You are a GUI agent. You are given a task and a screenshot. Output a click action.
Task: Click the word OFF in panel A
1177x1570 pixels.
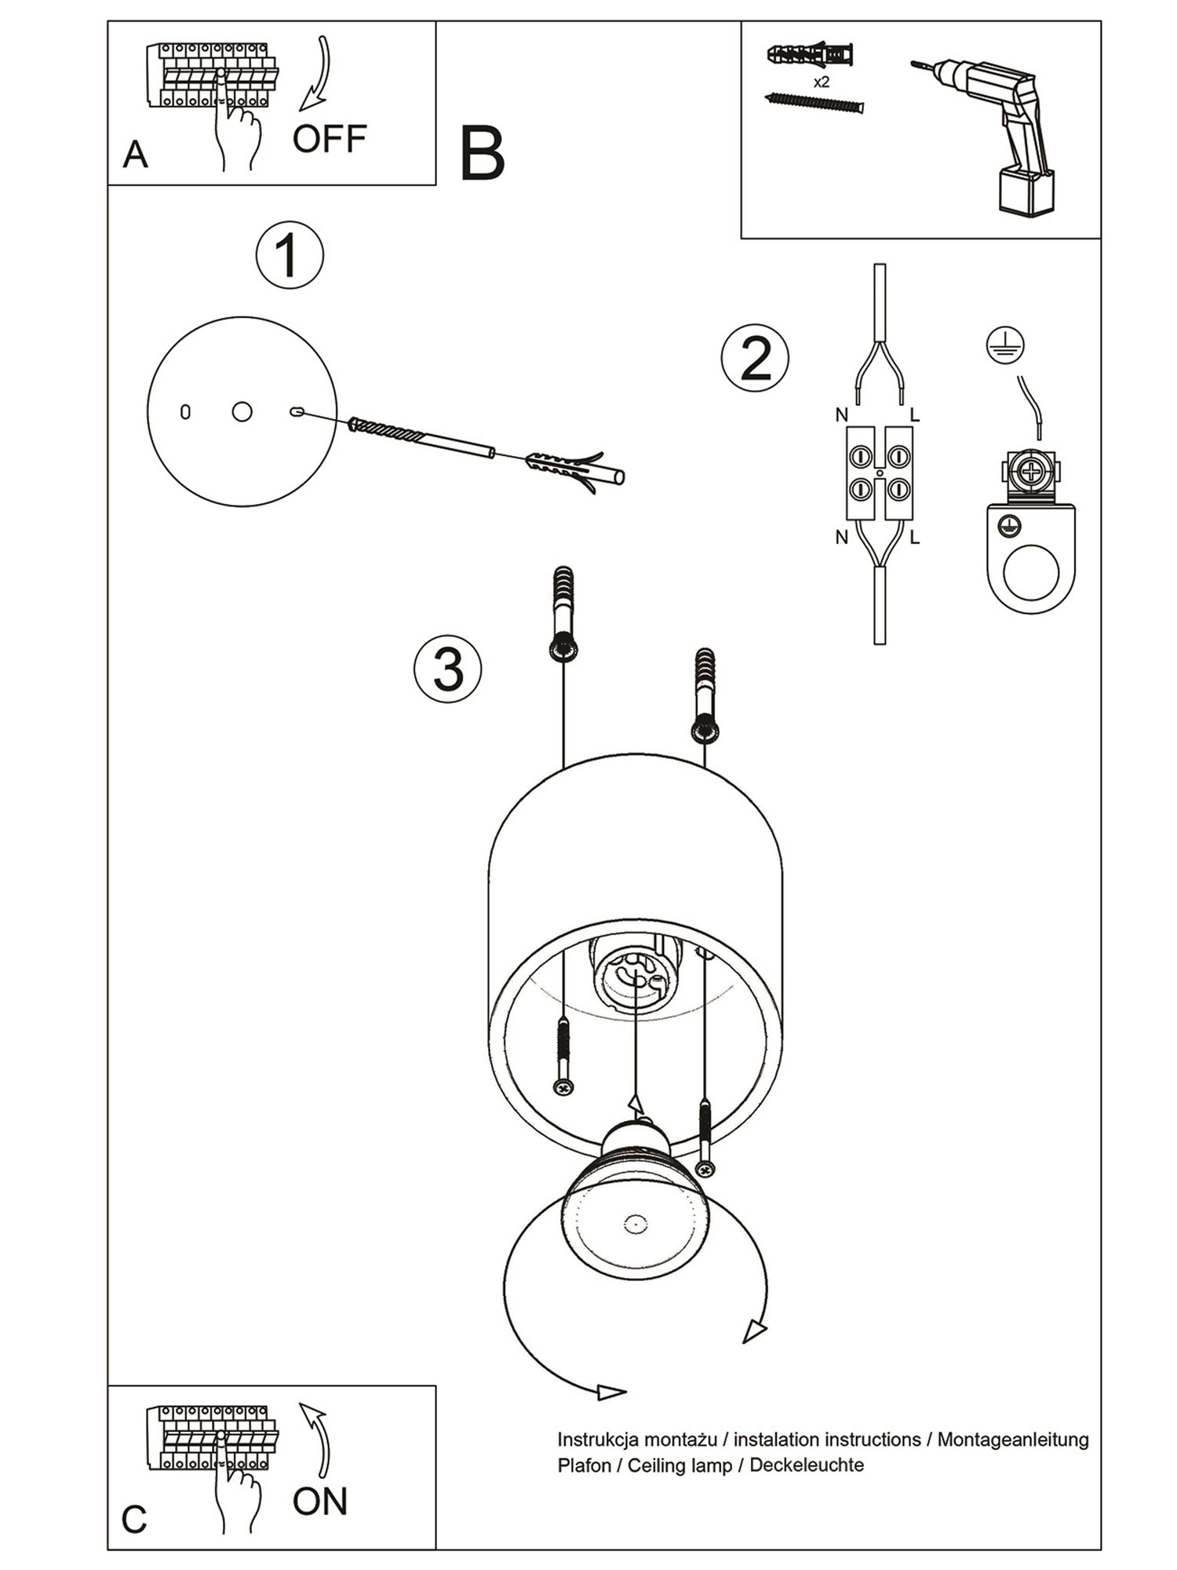coord(330,139)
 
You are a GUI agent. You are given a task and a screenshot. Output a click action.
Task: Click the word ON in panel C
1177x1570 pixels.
coord(319,1502)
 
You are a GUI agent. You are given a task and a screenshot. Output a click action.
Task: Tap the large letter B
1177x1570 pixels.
coord(482,153)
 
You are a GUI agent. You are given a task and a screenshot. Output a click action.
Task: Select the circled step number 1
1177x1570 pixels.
coord(290,256)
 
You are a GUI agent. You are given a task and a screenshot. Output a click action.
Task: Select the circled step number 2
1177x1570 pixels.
coord(755,359)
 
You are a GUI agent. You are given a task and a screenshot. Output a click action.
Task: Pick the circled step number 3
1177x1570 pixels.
coord(448,670)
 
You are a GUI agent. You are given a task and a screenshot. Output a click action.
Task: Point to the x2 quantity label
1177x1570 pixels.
coord(822,82)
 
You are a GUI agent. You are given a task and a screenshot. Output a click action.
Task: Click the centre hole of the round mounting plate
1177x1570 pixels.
coord(242,411)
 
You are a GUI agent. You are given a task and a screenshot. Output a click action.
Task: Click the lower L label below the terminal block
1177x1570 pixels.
coord(914,538)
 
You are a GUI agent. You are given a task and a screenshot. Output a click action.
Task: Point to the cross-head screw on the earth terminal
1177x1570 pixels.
coord(1029,471)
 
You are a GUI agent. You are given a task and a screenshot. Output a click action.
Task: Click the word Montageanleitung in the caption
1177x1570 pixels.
coord(1013,1440)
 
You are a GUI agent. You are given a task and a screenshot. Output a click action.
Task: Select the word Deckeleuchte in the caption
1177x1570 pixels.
coord(807,1465)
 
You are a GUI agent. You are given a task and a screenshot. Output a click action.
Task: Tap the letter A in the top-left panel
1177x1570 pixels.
coord(135,155)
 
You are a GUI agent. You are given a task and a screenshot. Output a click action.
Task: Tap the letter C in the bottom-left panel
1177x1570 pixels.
coord(134,1520)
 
